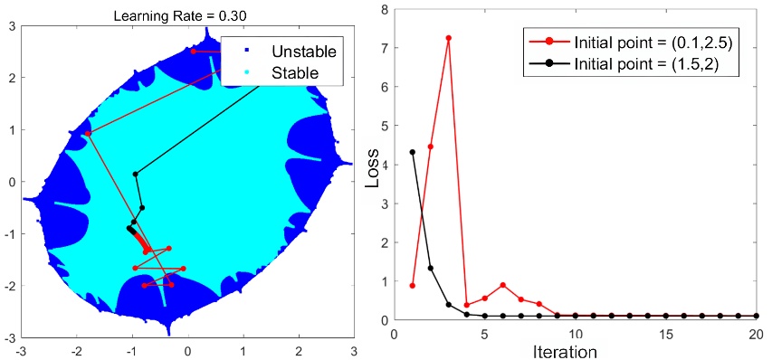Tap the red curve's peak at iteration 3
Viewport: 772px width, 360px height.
click(x=448, y=38)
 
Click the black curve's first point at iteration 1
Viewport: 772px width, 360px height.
click(x=412, y=152)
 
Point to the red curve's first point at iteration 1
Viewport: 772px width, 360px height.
click(x=412, y=286)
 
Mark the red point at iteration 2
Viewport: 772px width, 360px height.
click(x=430, y=147)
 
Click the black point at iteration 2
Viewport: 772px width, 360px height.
click(x=430, y=268)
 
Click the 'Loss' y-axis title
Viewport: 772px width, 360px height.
click(x=372, y=172)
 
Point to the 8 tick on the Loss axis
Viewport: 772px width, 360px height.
click(x=383, y=10)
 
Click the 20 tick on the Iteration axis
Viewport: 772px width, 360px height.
click(x=757, y=332)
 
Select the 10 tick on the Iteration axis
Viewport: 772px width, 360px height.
click(x=576, y=332)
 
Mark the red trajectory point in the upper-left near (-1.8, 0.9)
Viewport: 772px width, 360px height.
click(x=88, y=134)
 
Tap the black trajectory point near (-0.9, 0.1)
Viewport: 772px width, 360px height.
click(x=136, y=174)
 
